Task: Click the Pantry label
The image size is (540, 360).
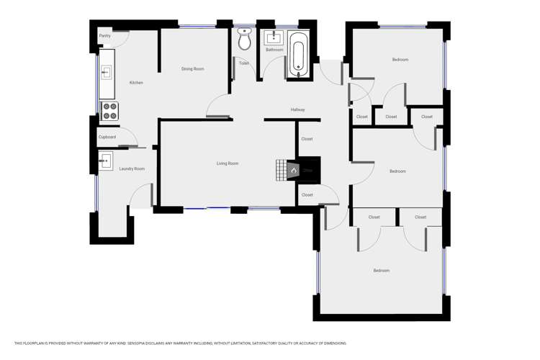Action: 104,35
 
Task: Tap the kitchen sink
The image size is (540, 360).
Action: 106,71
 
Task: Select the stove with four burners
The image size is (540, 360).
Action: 109,111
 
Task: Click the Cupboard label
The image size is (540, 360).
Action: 107,137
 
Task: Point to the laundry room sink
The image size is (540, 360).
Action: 106,159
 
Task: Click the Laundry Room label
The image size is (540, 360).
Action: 132,168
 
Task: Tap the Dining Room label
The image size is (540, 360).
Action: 192,69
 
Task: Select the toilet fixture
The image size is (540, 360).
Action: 244,40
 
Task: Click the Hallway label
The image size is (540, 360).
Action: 297,109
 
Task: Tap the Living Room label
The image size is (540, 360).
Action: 228,163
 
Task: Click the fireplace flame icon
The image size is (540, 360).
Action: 293,171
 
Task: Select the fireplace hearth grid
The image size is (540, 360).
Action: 281,168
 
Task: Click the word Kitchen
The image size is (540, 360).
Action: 136,83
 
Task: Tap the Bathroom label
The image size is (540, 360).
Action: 274,50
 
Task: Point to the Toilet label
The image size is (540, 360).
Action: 244,63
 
